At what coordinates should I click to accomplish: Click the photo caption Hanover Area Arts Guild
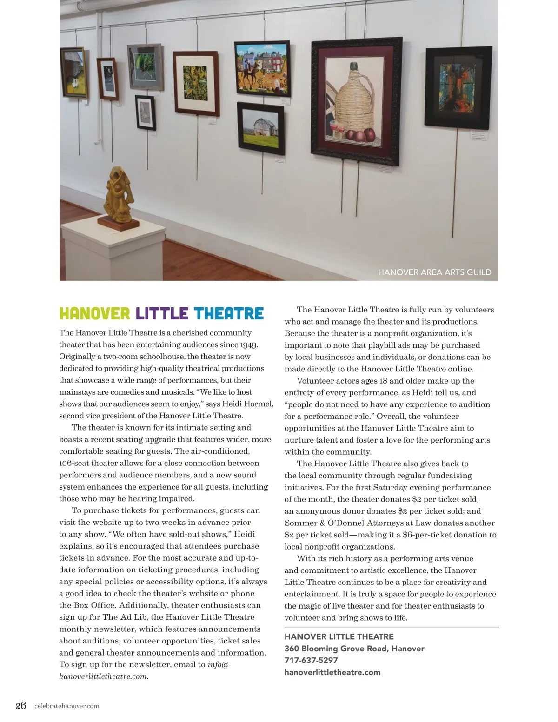click(434, 272)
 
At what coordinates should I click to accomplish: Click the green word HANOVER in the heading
click(94, 314)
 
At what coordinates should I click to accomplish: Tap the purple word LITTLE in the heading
click(162, 314)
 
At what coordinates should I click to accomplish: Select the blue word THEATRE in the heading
click(228, 314)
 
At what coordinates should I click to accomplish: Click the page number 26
click(21, 705)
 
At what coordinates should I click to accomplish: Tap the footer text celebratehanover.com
click(67, 706)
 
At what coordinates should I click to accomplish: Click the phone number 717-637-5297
click(311, 660)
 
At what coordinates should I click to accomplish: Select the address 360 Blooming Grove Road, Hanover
click(354, 649)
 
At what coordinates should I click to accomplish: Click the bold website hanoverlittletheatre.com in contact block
click(332, 672)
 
